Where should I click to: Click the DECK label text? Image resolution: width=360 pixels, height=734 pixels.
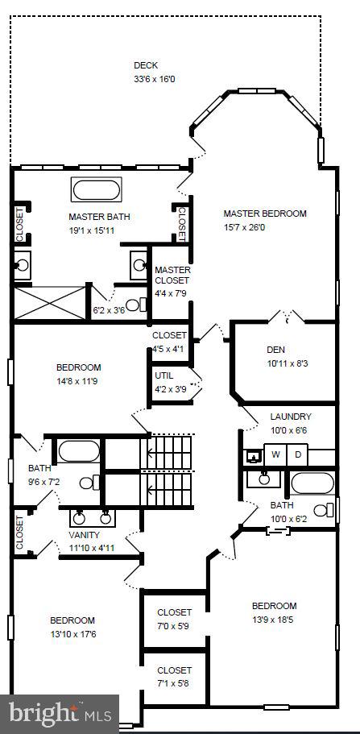point(146,65)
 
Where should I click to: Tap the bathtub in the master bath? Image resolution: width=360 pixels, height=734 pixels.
point(99,191)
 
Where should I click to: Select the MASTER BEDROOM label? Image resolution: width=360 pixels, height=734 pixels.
point(265,214)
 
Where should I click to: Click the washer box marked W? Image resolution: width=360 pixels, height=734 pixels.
point(275,455)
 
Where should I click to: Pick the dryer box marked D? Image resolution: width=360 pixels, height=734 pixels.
point(297,455)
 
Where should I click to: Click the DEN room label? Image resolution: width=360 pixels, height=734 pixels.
point(276,350)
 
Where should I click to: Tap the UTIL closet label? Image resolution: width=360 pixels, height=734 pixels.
point(165,375)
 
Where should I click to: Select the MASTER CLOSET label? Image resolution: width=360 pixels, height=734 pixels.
point(172,276)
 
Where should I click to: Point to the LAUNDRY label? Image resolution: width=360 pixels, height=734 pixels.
point(291,417)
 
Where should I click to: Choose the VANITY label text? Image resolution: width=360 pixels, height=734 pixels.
point(85,535)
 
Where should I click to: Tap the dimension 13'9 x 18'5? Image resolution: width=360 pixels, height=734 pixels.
point(274,619)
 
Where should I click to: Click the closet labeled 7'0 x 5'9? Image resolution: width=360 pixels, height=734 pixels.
point(175,618)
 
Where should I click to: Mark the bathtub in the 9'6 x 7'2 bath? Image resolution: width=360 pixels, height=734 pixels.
point(77,450)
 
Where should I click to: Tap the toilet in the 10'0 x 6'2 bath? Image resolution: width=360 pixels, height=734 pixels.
point(323,509)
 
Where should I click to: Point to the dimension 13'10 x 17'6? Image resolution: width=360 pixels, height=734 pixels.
point(72,633)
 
